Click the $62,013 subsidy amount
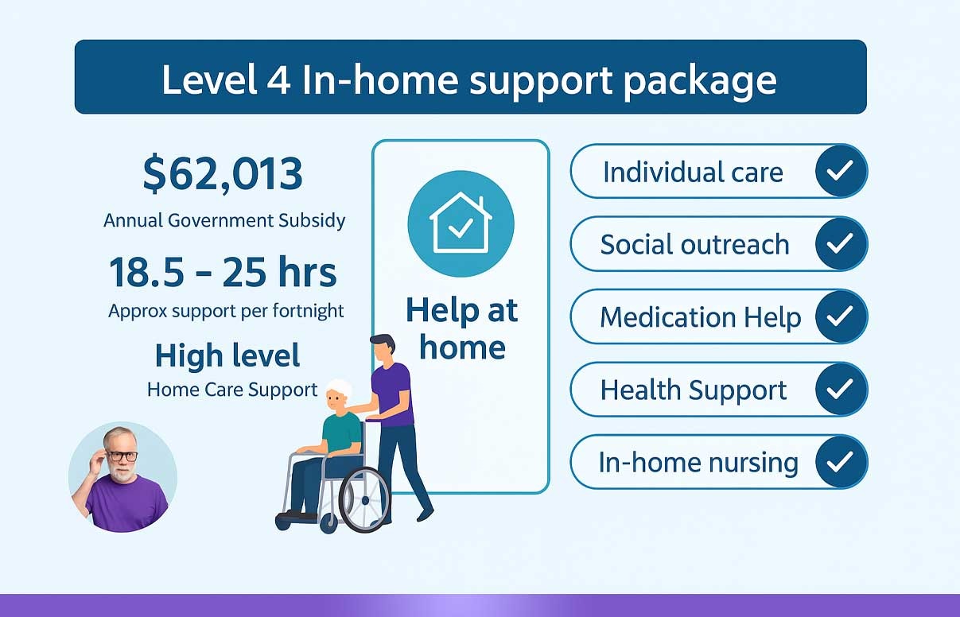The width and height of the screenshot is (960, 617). pyautogui.click(x=223, y=174)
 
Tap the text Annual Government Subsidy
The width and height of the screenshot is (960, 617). pyautogui.click(x=224, y=221)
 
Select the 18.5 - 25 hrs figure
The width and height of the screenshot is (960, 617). pyautogui.click(x=223, y=272)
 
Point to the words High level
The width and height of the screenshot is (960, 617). pyautogui.click(x=227, y=355)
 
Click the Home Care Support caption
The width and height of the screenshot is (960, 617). pyautogui.click(x=232, y=390)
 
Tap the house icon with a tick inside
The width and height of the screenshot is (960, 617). pyautogui.click(x=461, y=223)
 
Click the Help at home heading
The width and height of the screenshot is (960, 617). pyautogui.click(x=462, y=328)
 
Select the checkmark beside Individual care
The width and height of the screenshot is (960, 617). pyautogui.click(x=841, y=170)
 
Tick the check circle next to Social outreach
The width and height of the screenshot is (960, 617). pyautogui.click(x=841, y=243)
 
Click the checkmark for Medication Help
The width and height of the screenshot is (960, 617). pyautogui.click(x=841, y=316)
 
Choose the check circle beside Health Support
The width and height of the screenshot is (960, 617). pyautogui.click(x=841, y=389)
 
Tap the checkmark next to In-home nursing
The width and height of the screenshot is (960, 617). pyautogui.click(x=841, y=462)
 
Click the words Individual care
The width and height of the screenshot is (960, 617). pyautogui.click(x=693, y=173)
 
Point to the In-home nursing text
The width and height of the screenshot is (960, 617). pyautogui.click(x=698, y=463)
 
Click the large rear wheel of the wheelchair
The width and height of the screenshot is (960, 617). pyautogui.click(x=365, y=500)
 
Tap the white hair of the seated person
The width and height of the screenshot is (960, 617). pyautogui.click(x=340, y=388)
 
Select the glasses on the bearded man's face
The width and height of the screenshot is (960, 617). pyautogui.click(x=122, y=456)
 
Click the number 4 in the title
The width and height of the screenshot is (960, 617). pyautogui.click(x=278, y=80)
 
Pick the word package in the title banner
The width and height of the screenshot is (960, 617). pyautogui.click(x=700, y=82)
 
